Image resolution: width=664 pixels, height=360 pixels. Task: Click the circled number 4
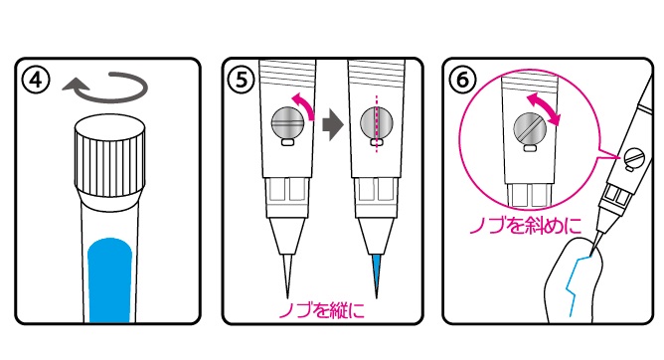point(37,80)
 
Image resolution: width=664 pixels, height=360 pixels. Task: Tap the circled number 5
point(242,80)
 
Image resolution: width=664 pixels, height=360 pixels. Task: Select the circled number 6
point(463,80)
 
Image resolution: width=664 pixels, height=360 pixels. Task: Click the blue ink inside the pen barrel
point(110,279)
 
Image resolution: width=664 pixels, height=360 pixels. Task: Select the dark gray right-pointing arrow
point(332,124)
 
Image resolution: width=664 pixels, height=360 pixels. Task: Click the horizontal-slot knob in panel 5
point(287,122)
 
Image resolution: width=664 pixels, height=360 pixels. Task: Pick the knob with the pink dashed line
point(377,122)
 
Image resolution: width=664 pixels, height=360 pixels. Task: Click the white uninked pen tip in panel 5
point(287,275)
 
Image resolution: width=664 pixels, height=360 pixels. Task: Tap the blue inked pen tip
point(377,275)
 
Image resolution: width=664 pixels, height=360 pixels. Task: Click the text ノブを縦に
point(321,311)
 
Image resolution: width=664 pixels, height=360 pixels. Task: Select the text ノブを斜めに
point(526,226)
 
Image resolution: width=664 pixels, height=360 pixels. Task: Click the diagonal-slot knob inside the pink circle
point(530,127)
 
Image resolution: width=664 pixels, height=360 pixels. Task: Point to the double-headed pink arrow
point(544,109)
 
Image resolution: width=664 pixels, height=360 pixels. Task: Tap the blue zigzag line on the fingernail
point(578,284)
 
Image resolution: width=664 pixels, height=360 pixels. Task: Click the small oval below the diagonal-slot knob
point(530,148)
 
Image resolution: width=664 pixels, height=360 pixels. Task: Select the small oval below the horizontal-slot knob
point(287,143)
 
